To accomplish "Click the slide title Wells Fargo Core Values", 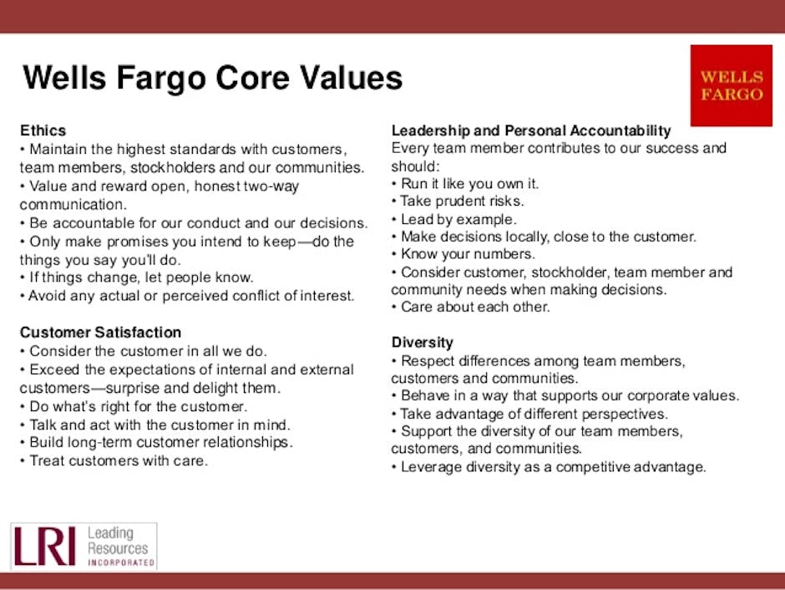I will coord(213,79).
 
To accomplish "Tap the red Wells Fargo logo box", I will coord(732,86).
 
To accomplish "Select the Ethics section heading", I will coord(43,131).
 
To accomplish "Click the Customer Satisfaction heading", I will coord(100,333).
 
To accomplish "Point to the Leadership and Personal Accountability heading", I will coord(531,131).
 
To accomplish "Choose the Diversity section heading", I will coord(423,343).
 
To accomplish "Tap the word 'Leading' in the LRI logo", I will coord(109,533).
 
